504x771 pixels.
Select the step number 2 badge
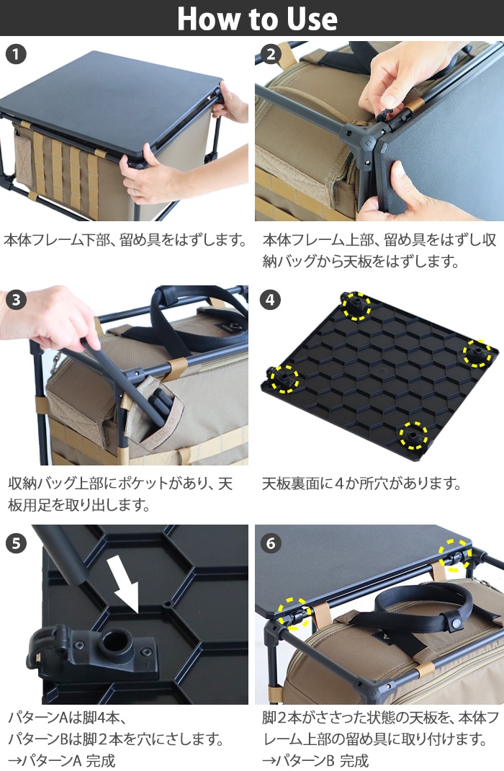[271, 54]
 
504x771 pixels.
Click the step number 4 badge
[271, 300]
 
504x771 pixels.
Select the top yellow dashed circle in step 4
[356, 306]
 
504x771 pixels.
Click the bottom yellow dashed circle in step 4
[413, 434]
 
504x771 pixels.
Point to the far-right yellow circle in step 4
[477, 352]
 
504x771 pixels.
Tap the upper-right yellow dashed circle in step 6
[454, 553]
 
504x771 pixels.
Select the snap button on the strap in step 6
[454, 622]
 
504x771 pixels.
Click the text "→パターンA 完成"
[61, 759]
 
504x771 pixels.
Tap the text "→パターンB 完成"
[315, 759]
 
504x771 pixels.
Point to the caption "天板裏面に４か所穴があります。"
[361, 483]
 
